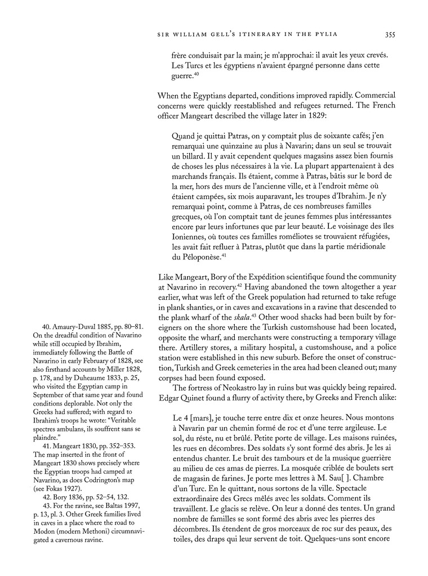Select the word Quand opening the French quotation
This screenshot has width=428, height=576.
[183, 126]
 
